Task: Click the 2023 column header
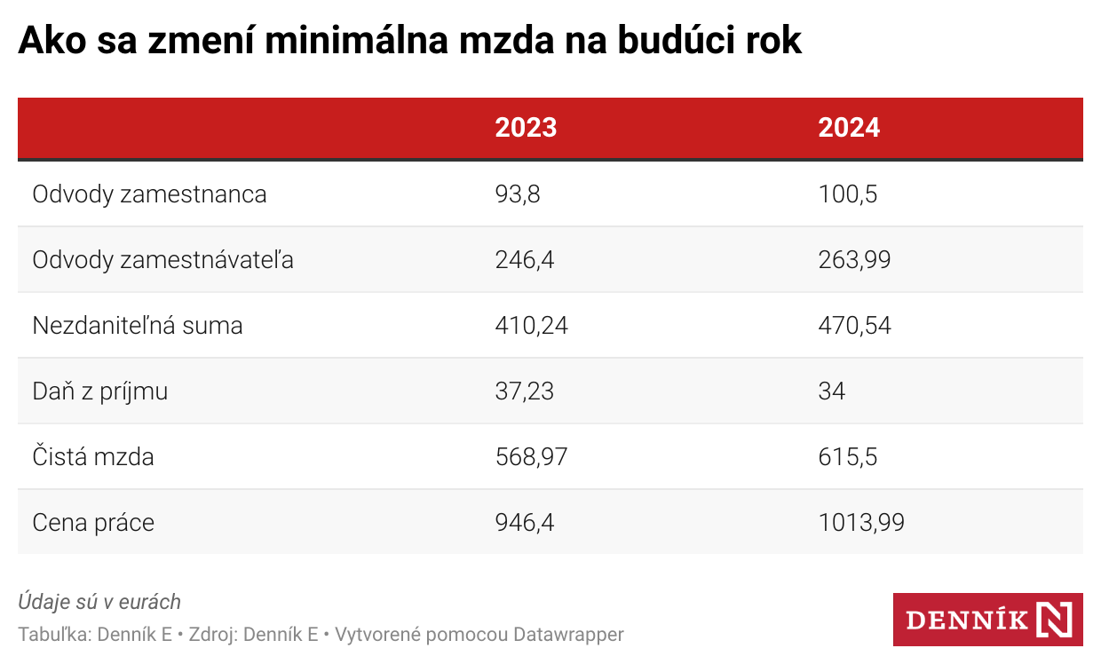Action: coord(526,128)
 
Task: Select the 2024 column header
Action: coord(849,128)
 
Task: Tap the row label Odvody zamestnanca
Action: coord(149,194)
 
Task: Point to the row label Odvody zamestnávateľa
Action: coord(162,259)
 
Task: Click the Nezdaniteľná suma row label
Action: coord(138,325)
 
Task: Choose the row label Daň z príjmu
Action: coord(100,391)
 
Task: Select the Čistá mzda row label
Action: coord(93,456)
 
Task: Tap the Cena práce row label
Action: coord(93,522)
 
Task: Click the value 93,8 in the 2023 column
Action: coord(518,194)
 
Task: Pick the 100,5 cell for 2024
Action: coord(848,194)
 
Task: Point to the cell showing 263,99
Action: coord(854,259)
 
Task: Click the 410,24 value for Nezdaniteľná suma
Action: coord(531,325)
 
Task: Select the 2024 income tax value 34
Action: coord(832,391)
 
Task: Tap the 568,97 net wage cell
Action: coord(531,456)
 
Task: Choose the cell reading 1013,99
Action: coord(861,522)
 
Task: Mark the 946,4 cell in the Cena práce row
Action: coord(525,522)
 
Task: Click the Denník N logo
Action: coord(987,619)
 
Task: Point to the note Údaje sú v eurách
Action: coord(99,602)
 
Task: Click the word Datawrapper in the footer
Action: coord(568,635)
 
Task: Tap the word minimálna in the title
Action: coord(363,41)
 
